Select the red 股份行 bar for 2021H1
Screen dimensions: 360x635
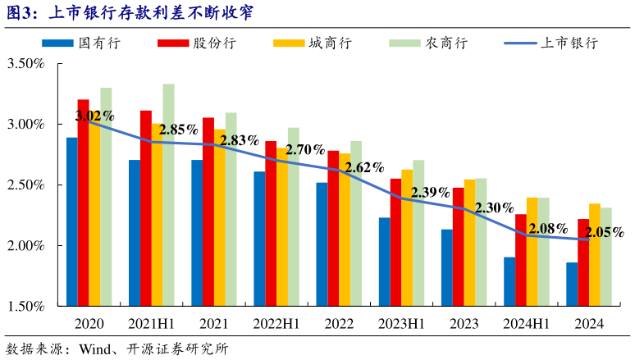(146, 208)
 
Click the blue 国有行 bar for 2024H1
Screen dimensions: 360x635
(509, 281)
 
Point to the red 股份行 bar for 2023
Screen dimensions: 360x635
(458, 247)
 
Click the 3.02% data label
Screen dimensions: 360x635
(94, 116)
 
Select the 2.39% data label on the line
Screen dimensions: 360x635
(430, 193)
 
